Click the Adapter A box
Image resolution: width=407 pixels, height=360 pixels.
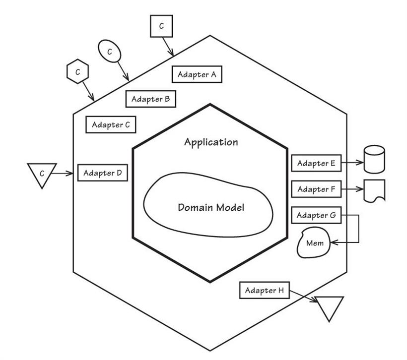click(x=197, y=74)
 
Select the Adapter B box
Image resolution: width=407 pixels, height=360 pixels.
click(x=151, y=99)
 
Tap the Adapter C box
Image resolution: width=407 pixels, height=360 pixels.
click(x=111, y=124)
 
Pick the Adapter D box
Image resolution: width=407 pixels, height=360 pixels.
click(x=103, y=173)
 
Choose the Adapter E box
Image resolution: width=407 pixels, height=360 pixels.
click(x=316, y=163)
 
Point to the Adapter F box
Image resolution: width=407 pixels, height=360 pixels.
click(x=316, y=189)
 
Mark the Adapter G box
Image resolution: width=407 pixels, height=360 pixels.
click(x=316, y=215)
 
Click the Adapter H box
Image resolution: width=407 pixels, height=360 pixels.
click(x=264, y=291)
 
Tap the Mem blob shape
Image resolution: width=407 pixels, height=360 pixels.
click(x=314, y=243)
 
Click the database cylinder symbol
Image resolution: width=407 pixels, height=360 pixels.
click(x=374, y=159)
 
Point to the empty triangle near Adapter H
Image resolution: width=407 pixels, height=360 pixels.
click(x=330, y=307)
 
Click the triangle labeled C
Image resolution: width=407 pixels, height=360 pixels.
click(x=42, y=175)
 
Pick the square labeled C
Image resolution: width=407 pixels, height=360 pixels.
click(x=162, y=26)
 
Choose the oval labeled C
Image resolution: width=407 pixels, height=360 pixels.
click(x=109, y=51)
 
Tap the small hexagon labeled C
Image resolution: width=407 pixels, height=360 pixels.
click(x=77, y=71)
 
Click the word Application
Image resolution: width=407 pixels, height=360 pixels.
click(x=211, y=142)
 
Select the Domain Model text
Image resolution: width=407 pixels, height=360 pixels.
click(x=211, y=207)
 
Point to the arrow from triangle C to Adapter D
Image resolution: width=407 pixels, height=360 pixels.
click(x=65, y=173)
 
